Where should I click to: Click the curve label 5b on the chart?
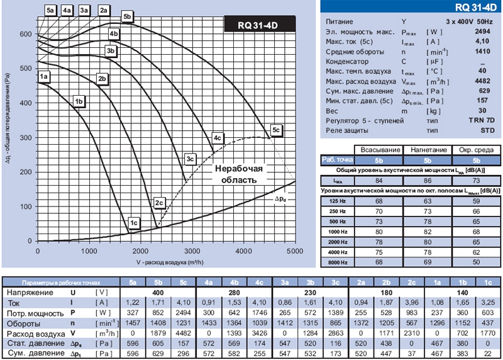pyautogui.click(x=127, y=17)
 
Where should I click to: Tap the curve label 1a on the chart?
pyautogui.click(x=43, y=76)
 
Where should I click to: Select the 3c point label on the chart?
pyautogui.click(x=191, y=159)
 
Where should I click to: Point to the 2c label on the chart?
pyautogui.click(x=159, y=203)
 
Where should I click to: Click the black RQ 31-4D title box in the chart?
pyautogui.click(x=260, y=24)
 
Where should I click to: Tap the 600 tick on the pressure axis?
pyautogui.click(x=26, y=34)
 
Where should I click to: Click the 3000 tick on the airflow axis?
pyautogui.click(x=192, y=251)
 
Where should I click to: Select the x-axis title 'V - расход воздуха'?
pyautogui.click(x=170, y=262)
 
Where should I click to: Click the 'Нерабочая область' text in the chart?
pyautogui.click(x=239, y=174)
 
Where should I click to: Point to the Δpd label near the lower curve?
pyautogui.click(x=280, y=199)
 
